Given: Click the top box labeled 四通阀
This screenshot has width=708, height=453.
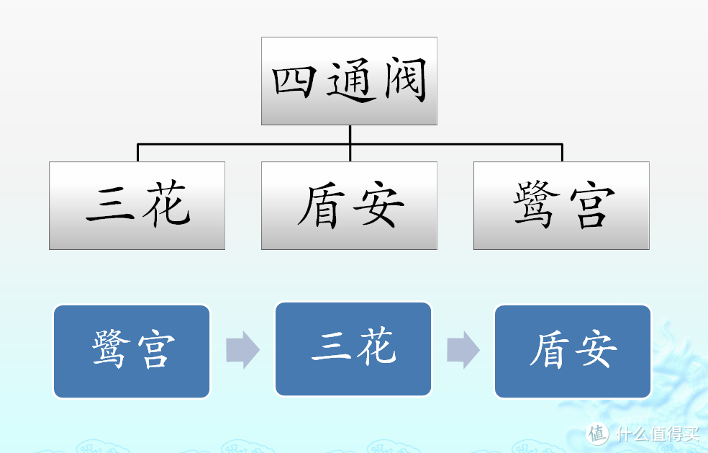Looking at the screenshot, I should pos(349,81).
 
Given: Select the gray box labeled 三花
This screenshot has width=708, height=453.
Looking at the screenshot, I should pos(137,205).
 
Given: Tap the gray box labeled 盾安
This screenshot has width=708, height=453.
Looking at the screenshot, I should pos(349,205).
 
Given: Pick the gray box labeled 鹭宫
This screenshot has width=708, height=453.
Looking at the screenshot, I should pos(561,205).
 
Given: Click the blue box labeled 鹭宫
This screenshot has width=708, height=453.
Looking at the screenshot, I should pos(132,351).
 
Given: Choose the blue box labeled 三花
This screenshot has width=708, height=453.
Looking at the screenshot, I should pos(353,349).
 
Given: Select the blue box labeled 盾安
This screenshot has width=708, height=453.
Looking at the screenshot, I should pos(573,351).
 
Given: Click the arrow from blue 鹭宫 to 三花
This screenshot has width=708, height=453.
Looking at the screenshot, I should pos(242,351).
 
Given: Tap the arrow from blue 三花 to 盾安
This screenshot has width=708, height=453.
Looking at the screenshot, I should pos(463,351).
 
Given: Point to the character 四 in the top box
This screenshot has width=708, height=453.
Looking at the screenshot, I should pos(294,81).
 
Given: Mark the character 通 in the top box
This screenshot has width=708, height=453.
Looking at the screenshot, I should pos(350,81).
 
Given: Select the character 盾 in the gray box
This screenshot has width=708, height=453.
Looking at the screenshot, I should pos(318,206).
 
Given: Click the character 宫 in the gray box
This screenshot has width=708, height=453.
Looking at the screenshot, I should pos(592,206).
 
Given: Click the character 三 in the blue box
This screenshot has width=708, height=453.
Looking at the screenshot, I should pos(331,349).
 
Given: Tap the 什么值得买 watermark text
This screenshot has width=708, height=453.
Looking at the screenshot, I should pos(656,434).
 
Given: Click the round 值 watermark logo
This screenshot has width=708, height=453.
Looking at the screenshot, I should pos(598,434).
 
